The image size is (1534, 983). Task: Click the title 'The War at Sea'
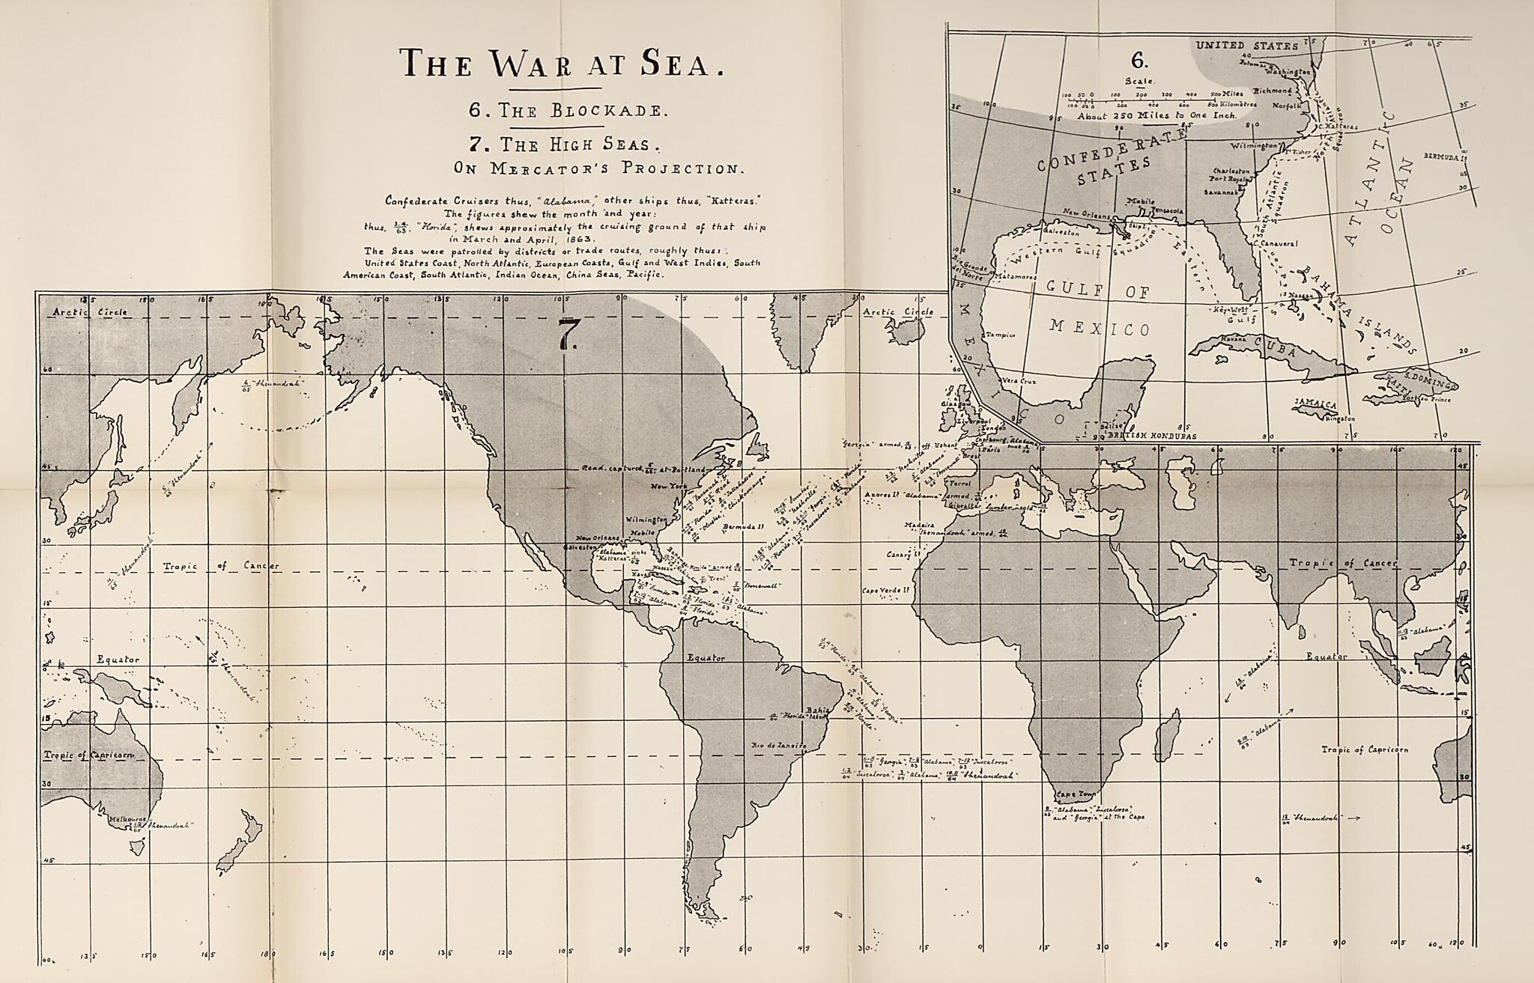(563, 64)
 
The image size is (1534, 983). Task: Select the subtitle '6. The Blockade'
(566, 110)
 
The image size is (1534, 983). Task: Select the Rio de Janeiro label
(778, 746)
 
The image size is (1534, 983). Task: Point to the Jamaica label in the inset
(1315, 404)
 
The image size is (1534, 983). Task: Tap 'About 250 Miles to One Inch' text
(1157, 117)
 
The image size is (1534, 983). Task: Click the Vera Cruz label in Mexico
(1019, 381)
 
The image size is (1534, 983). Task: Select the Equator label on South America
(707, 657)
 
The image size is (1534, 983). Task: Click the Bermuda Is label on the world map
(742, 526)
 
